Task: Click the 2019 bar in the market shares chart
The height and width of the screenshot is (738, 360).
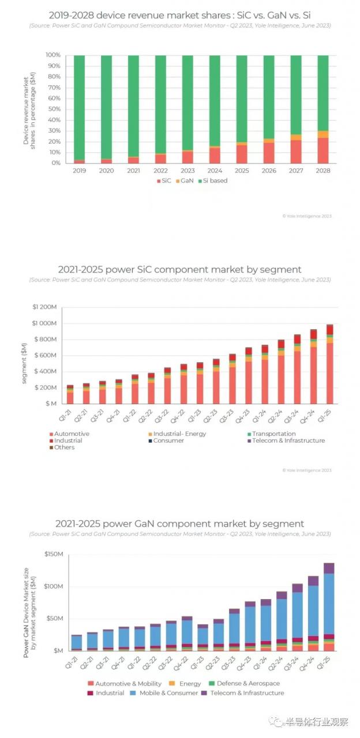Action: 79,109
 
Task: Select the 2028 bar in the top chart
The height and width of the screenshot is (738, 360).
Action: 323,109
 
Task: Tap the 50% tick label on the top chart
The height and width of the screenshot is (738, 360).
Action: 53,109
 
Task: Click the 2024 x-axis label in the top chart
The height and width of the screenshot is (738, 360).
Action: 215,171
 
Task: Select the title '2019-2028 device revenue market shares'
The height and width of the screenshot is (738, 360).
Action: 179,15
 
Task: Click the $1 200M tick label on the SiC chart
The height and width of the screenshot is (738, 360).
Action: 46,307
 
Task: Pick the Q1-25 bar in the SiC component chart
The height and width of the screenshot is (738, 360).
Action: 330,364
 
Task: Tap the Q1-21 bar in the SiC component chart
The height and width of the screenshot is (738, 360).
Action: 70,394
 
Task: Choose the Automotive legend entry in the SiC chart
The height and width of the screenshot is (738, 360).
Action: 70,434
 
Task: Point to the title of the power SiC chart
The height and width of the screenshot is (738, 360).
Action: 179,269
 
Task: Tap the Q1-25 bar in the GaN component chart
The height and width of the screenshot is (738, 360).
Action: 329,607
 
